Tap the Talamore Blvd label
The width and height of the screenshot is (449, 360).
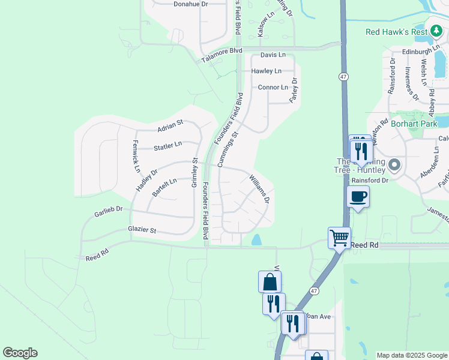pos(221,55)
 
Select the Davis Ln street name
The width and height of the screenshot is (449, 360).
pos(273,55)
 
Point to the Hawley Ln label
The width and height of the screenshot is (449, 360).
pos(267,71)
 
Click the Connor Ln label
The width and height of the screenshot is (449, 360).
pos(273,87)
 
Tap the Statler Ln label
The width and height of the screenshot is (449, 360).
pos(167,146)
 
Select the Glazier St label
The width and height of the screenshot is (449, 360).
pos(142,230)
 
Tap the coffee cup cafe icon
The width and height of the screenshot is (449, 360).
pos(358,196)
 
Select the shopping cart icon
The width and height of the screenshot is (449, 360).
pos(339,238)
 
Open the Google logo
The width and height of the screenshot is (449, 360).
pos(20,353)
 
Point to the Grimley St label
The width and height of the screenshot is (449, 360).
pos(194,173)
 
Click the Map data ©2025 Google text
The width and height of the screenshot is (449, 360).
pos(412,355)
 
